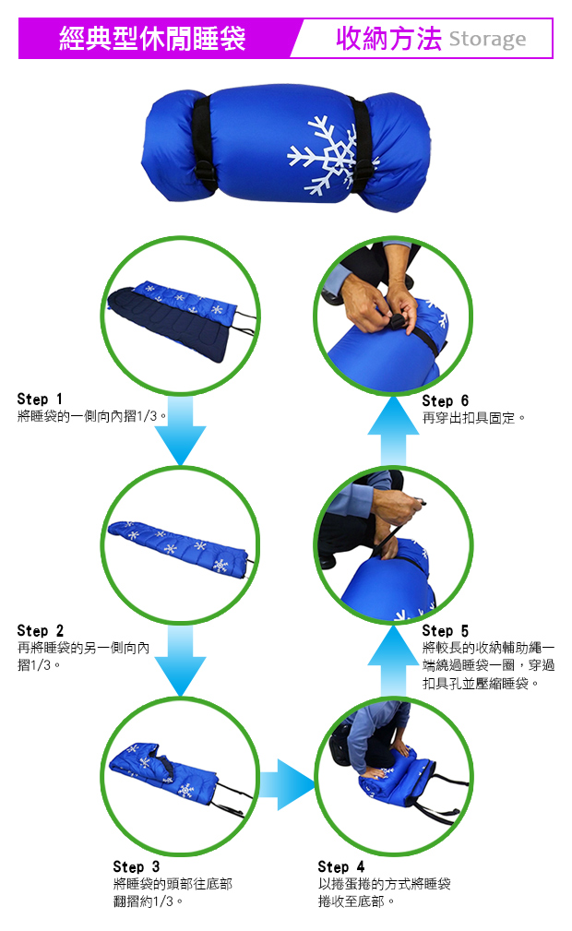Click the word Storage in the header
click(487, 39)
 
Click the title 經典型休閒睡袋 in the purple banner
click(152, 39)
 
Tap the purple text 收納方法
click(388, 39)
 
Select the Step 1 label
click(40, 399)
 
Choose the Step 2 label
click(41, 630)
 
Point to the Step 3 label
click(136, 866)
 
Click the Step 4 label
click(341, 866)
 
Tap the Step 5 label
click(445, 630)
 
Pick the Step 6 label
click(445, 400)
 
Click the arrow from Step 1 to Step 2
click(180, 430)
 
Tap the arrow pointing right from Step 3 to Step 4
click(288, 783)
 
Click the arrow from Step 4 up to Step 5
click(393, 661)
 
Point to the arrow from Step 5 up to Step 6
click(393, 431)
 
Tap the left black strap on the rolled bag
click(203, 144)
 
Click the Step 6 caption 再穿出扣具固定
click(473, 418)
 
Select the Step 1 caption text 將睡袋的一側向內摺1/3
click(91, 415)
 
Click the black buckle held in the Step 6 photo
click(398, 321)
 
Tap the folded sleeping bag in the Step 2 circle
click(179, 547)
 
